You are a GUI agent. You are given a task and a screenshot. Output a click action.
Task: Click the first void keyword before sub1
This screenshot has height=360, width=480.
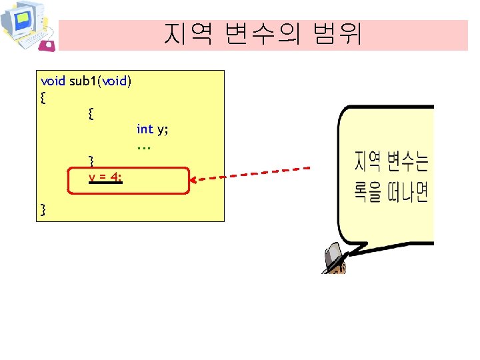(53, 81)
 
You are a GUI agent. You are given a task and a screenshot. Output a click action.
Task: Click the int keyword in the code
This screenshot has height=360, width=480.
(145, 129)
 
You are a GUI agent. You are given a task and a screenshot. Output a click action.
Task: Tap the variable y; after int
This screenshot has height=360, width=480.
(162, 129)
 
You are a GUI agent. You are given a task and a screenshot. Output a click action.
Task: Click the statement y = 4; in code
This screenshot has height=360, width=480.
(105, 177)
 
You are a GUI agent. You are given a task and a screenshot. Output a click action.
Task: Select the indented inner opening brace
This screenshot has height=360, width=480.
(91, 114)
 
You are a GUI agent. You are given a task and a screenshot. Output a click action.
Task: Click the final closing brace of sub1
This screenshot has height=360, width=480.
(43, 211)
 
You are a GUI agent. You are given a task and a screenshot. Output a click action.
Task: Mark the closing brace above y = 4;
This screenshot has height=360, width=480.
(91, 161)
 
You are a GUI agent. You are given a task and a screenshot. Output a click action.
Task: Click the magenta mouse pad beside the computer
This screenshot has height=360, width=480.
(47, 45)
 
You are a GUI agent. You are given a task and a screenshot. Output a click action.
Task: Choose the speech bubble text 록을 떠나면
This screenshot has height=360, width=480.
(391, 193)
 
